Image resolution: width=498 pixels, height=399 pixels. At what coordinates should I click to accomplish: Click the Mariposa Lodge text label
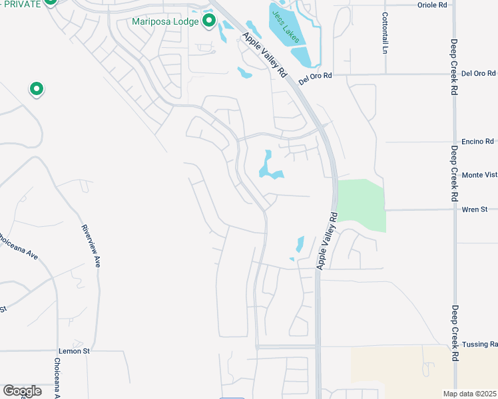[165, 21]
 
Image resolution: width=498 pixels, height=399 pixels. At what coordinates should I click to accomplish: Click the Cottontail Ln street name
[385, 33]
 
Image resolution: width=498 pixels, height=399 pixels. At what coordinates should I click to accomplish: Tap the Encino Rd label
[480, 141]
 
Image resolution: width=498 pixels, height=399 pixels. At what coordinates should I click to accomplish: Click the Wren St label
[475, 209]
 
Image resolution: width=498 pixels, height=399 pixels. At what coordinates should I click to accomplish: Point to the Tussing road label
[479, 344]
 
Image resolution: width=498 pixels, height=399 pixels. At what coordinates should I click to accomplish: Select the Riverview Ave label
[91, 245]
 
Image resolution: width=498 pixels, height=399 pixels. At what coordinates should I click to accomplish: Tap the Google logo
[22, 391]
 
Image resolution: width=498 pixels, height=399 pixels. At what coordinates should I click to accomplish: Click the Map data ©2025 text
[469, 394]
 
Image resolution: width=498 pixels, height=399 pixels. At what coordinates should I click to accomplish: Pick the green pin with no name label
[36, 88]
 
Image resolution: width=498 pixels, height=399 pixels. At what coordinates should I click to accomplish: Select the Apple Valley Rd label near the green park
[328, 241]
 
